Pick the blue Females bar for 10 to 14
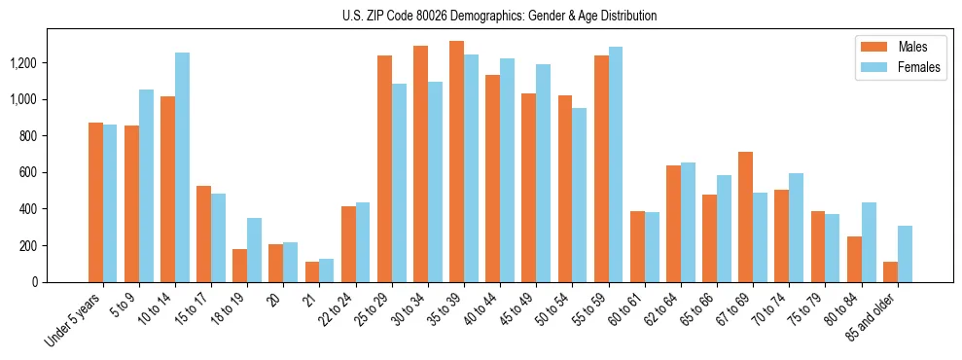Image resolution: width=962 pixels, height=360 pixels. [182, 167]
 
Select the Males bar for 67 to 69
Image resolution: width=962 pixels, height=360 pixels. [745, 217]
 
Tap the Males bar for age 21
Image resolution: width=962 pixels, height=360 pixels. [312, 271]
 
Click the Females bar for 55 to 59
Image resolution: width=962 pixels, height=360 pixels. [616, 164]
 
